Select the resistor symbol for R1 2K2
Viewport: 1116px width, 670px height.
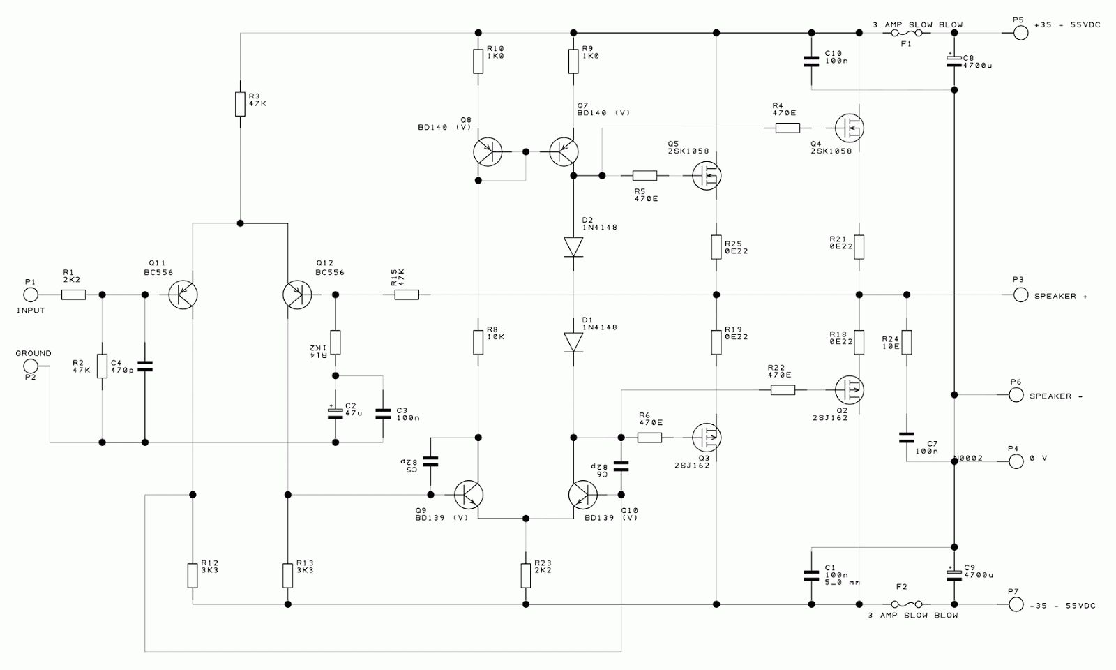point(73,295)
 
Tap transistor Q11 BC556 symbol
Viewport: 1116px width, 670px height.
point(183,295)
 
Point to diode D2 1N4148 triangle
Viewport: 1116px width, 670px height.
point(573,246)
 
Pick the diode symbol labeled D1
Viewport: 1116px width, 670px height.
point(573,342)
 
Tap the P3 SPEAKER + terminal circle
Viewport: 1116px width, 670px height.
point(1020,295)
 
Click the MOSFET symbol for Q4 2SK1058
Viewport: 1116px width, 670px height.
point(850,127)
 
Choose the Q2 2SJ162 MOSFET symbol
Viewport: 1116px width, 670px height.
point(850,388)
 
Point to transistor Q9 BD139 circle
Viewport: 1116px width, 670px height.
point(468,494)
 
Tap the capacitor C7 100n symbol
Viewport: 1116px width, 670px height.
point(906,438)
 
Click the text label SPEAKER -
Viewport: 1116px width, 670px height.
point(1055,396)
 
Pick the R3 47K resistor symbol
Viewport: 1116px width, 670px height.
point(239,104)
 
